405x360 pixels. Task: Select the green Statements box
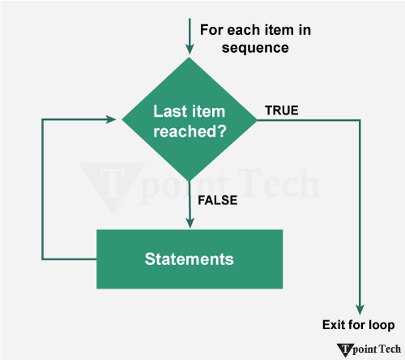pyautogui.click(x=190, y=259)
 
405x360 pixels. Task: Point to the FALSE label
pyautogui.click(x=217, y=200)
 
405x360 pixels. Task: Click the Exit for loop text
pyautogui.click(x=357, y=326)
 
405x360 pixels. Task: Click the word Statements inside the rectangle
pyautogui.click(x=190, y=259)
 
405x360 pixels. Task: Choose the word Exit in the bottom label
pyautogui.click(x=334, y=326)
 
